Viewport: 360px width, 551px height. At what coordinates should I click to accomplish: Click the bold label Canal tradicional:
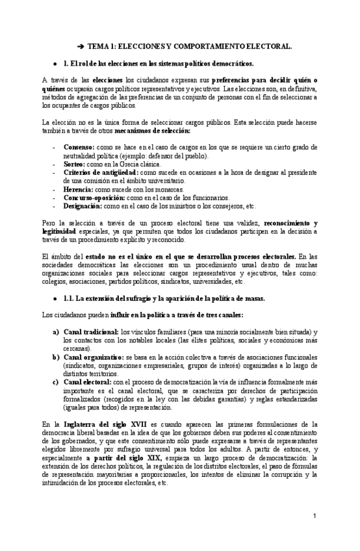click(91, 331)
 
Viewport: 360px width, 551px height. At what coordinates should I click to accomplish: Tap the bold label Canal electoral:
click(87, 382)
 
